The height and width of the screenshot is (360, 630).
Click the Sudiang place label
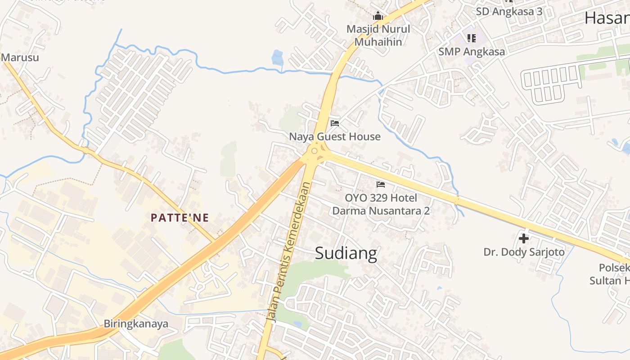point(346,253)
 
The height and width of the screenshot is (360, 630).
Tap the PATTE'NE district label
point(180,218)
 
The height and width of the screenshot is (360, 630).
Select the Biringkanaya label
point(136,324)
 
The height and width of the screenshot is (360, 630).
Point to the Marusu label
point(20,58)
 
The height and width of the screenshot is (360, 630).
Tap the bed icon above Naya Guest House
point(334,123)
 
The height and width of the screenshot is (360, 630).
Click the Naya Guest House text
point(334,136)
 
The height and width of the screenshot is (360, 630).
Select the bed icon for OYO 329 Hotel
point(381,184)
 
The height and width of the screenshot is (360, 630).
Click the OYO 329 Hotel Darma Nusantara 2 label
point(381,204)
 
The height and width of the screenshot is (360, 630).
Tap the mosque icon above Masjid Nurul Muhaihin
point(378,17)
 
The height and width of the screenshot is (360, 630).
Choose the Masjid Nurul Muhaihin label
point(378,36)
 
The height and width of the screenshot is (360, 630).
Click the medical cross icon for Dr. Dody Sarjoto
point(524,238)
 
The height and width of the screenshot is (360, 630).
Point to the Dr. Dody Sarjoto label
point(524,252)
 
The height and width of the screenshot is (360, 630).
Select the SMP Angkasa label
point(472,52)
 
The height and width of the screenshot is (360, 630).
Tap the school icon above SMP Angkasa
point(471,38)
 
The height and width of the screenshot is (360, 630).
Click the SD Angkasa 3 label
point(509,12)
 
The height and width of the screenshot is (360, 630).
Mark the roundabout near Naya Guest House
point(315,150)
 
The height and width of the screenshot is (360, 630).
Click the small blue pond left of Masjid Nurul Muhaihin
point(277,58)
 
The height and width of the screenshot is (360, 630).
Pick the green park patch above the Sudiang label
point(315,270)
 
